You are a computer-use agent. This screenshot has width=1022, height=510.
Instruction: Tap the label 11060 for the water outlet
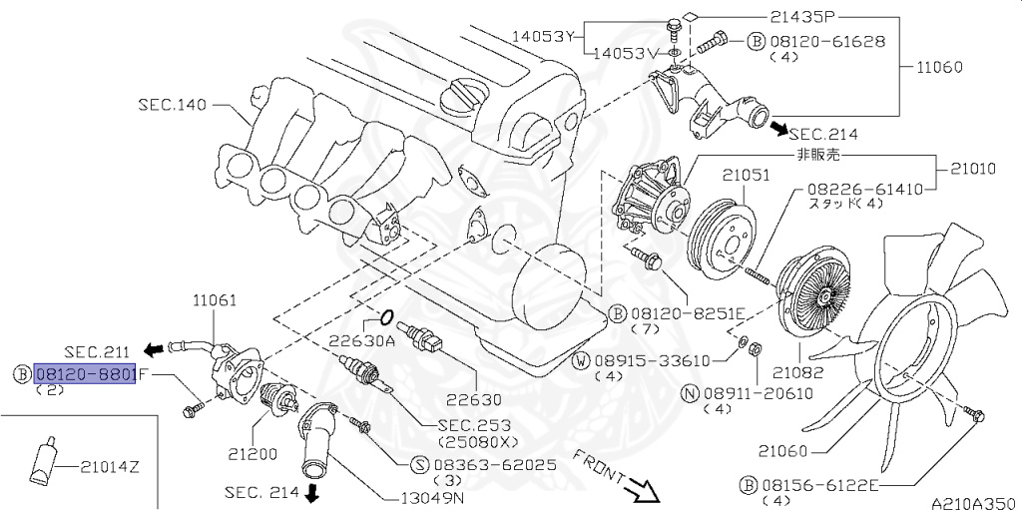point(939,67)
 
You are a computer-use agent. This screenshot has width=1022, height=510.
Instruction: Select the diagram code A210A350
point(974,503)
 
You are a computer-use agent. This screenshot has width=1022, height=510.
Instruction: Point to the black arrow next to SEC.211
point(154,349)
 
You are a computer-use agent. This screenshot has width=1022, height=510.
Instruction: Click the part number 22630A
point(361,341)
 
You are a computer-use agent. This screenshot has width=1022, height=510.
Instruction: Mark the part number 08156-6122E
point(818,485)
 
